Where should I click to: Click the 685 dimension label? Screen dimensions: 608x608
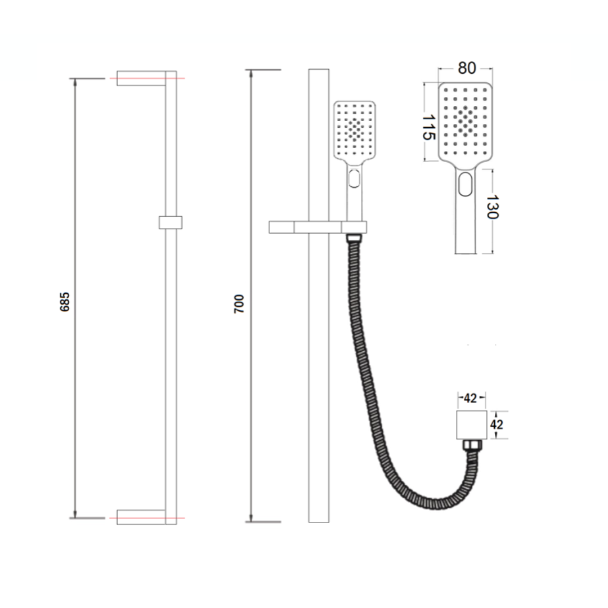click(x=65, y=302)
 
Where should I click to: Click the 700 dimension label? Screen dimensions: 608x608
click(x=240, y=303)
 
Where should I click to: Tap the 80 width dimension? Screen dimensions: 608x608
click(x=466, y=68)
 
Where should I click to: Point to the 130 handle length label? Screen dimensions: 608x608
click(x=491, y=207)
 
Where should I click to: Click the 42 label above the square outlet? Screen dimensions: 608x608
click(x=470, y=398)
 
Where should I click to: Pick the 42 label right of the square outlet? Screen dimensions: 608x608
click(x=496, y=424)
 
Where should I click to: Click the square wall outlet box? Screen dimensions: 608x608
click(x=470, y=425)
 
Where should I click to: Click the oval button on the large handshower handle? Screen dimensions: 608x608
click(x=465, y=185)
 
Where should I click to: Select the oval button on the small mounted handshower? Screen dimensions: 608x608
click(x=354, y=178)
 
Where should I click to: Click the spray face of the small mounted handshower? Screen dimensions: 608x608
click(x=355, y=129)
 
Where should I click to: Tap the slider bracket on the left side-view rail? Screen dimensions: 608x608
click(x=170, y=222)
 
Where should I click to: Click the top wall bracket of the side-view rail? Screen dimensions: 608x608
click(x=141, y=78)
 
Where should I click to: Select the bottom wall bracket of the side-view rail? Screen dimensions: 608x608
click(x=141, y=517)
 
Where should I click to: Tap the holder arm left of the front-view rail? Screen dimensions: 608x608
click(x=281, y=227)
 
